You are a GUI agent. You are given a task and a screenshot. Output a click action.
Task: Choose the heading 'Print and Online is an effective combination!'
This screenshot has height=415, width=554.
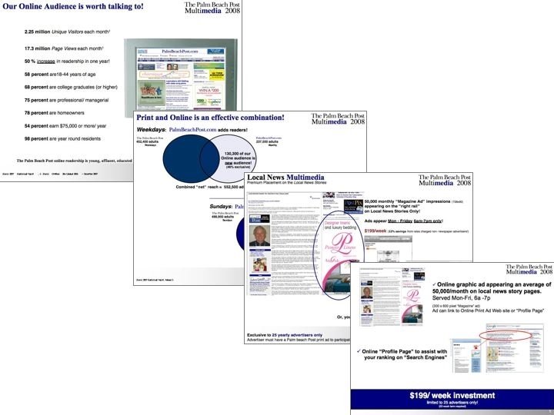point(210,118)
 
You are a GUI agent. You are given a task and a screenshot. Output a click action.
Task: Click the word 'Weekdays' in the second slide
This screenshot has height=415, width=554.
point(153,131)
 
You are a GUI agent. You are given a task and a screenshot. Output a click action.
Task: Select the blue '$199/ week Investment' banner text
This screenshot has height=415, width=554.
point(452,394)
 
